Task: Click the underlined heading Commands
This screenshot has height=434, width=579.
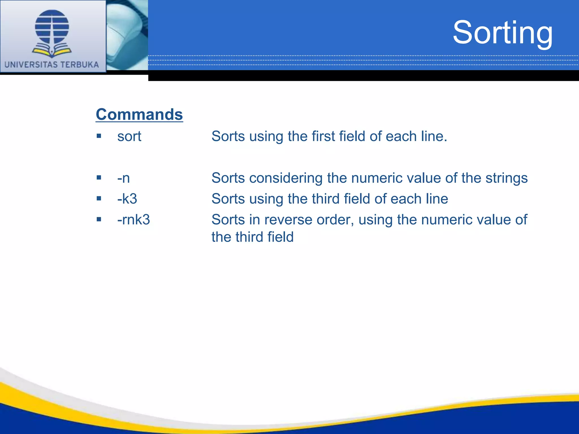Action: pyautogui.click(x=139, y=114)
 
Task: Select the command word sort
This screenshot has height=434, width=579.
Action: pyautogui.click(x=129, y=136)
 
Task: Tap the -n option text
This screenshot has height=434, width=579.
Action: pyautogui.click(x=124, y=178)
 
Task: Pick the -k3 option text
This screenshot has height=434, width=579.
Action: pyautogui.click(x=127, y=199)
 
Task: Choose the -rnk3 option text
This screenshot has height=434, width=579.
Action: pyautogui.click(x=133, y=220)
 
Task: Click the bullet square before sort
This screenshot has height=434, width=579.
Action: pyautogui.click(x=99, y=136)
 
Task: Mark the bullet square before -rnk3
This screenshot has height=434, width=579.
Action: pyautogui.click(x=99, y=219)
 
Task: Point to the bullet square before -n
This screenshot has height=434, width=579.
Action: pyautogui.click(x=99, y=177)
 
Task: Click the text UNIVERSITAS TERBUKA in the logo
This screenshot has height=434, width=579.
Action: pyautogui.click(x=52, y=65)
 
